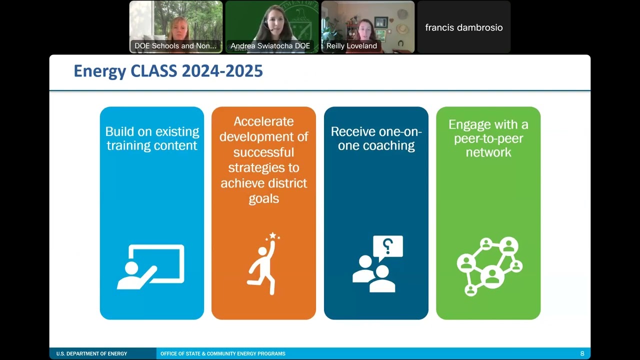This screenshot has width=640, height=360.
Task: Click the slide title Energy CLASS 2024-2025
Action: coord(168,71)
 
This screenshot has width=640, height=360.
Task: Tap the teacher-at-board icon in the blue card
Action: coord(150,266)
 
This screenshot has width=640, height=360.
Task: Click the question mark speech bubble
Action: coord(388,246)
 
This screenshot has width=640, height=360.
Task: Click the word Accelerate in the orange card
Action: coord(263,121)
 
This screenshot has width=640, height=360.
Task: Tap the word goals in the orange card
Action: coord(263,198)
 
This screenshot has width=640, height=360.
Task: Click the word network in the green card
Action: coord(488,152)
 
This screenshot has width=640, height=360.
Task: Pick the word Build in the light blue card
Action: coord(120,131)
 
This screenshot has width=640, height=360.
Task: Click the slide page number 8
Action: coord(582,353)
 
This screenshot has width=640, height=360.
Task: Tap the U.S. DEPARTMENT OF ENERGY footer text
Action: coord(91,354)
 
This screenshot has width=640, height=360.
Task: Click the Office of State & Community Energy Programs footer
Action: coord(223,354)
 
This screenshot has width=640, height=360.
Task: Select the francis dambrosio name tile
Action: coord(464,27)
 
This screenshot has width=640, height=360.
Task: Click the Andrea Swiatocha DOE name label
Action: coord(270,46)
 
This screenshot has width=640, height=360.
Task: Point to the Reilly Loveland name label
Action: coord(351,46)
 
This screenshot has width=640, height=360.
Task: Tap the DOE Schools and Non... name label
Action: coord(175,46)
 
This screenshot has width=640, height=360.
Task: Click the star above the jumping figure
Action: coord(272,235)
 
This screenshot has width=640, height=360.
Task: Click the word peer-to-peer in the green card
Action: coord(488,138)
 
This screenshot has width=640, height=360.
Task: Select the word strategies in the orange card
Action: coord(264,167)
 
